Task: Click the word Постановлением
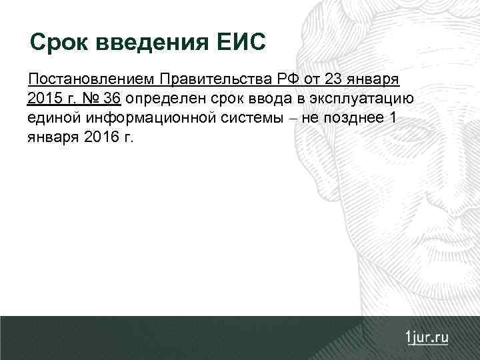coord(90,81)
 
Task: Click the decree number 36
coord(112,99)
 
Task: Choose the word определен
coord(162,99)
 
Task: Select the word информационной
coord(137,118)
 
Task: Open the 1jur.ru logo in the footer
coord(426,336)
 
